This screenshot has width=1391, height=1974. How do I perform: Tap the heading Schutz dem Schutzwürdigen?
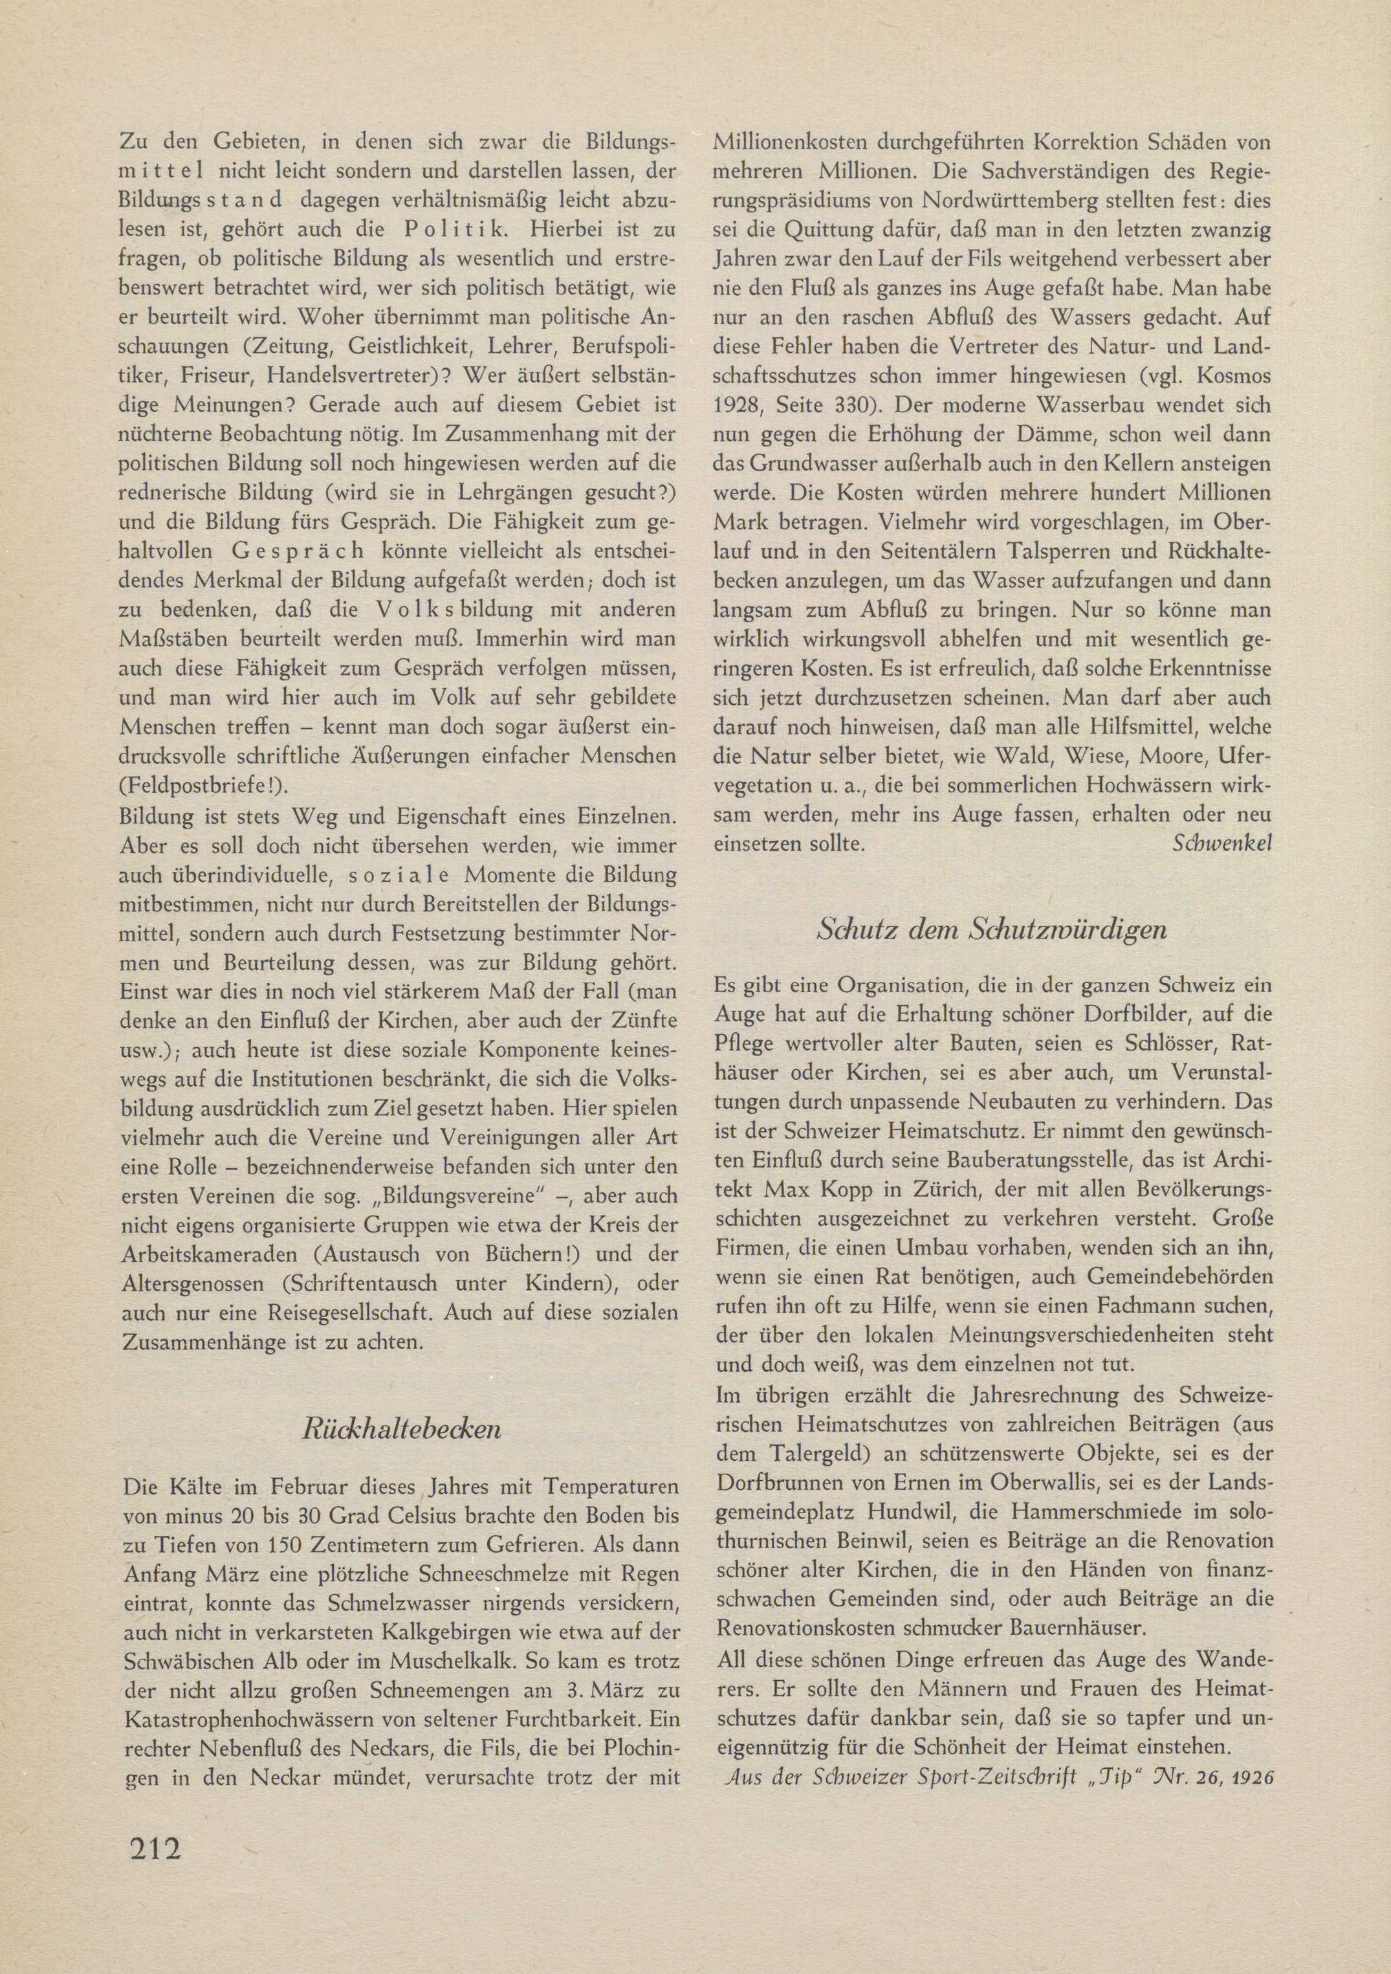pos(991,930)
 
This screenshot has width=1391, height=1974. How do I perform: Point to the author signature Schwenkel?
pos(1221,843)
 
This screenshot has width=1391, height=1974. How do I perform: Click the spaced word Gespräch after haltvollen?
pos(298,552)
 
